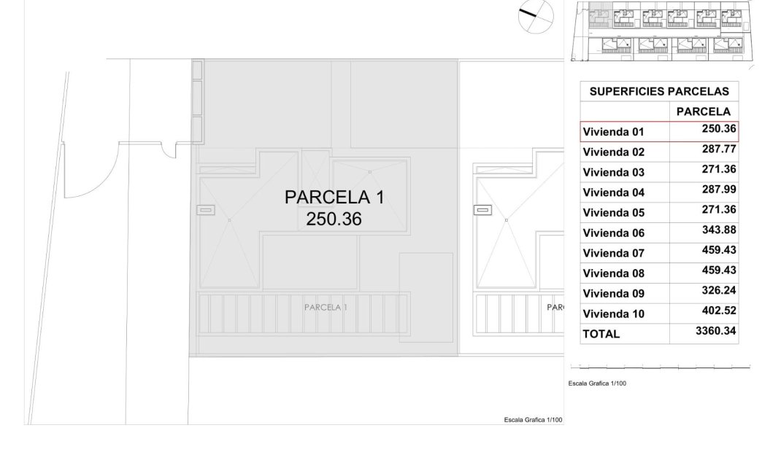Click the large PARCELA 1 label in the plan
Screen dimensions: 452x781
(x=334, y=198)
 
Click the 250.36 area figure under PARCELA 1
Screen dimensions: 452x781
(x=334, y=219)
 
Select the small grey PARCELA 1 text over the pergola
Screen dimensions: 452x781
(x=326, y=308)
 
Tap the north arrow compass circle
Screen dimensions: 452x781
(x=536, y=16)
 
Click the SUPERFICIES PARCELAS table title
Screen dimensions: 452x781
(x=659, y=91)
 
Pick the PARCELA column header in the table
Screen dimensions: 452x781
(x=703, y=112)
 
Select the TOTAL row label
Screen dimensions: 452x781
(x=601, y=334)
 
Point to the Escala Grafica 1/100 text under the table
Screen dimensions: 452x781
(x=596, y=383)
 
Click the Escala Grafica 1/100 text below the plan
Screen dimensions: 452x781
(x=533, y=419)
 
